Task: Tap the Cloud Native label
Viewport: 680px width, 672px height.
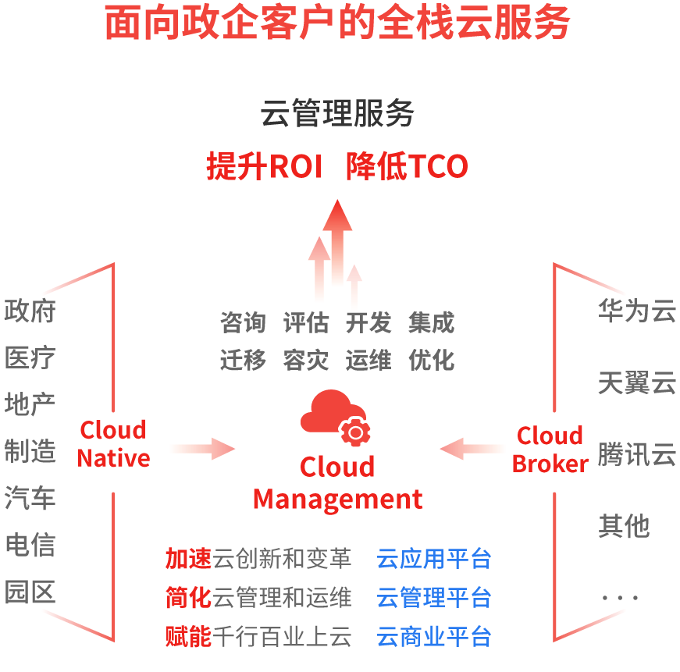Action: [113, 444]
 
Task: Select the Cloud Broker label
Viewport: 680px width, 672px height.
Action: [550, 450]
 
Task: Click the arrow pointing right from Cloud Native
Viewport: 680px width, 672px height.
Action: [202, 448]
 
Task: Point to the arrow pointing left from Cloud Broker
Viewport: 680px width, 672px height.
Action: [473, 449]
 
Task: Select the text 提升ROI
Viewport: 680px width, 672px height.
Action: [265, 166]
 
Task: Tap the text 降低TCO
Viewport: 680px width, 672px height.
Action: [407, 166]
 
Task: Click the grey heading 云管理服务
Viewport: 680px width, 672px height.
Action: [337, 114]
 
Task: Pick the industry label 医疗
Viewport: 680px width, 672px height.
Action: [30, 358]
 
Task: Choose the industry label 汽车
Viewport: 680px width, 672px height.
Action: [30, 497]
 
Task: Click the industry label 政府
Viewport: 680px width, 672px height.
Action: [30, 311]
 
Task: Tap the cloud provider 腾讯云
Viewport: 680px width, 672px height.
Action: [636, 454]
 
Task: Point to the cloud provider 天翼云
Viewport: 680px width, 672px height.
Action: [636, 382]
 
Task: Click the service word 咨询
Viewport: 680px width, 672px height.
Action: [243, 323]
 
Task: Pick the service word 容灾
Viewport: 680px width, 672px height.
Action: [306, 361]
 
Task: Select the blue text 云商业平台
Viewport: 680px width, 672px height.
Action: [434, 636]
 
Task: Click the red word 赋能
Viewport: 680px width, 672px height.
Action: [188, 636]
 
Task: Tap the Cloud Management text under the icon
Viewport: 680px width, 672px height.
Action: [337, 483]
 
